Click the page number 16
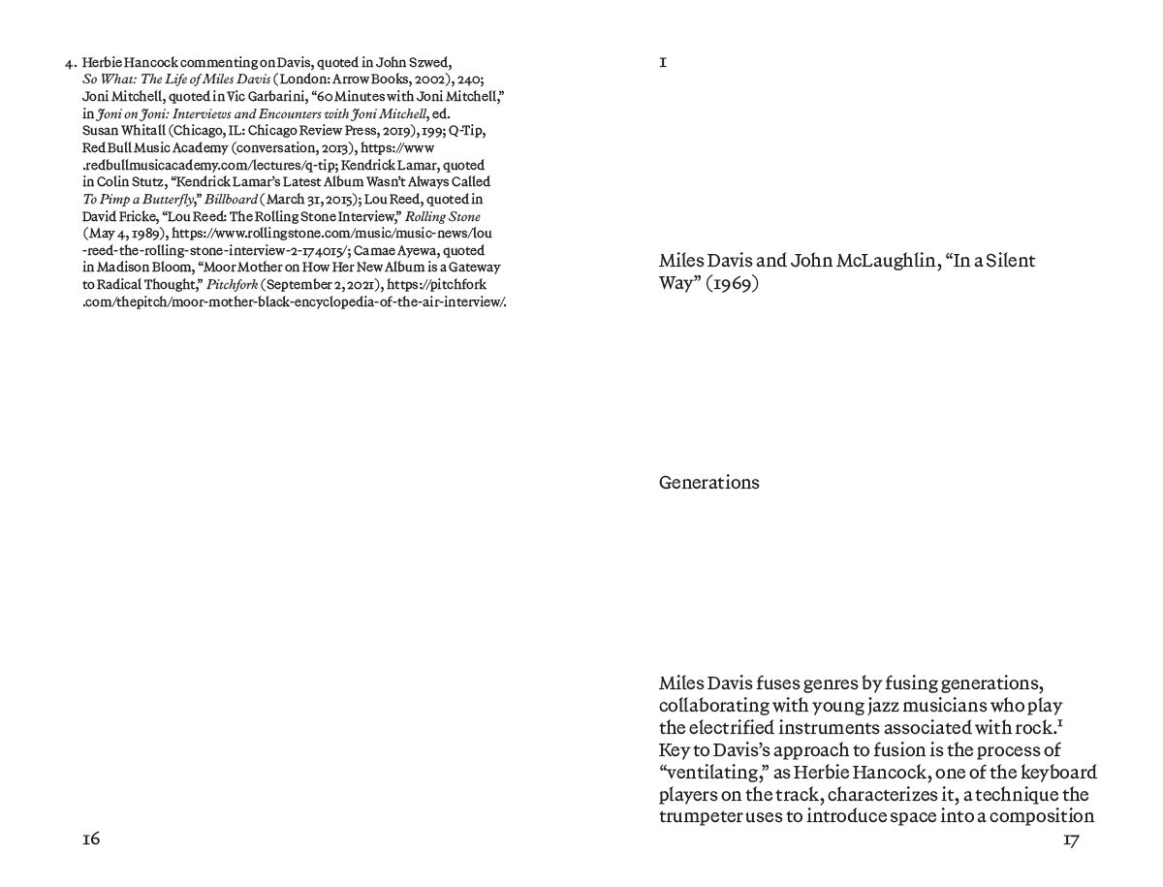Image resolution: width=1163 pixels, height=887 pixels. [91, 839]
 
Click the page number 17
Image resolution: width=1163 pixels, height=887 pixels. [1071, 840]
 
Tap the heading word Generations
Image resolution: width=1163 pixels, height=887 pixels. [708, 483]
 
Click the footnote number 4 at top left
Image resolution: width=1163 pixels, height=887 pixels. [70, 64]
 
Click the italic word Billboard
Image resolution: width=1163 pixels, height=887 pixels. [232, 199]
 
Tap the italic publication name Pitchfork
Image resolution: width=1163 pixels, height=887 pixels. [233, 285]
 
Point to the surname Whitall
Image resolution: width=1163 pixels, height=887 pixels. [147, 131]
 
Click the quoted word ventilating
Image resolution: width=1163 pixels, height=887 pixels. [707, 773]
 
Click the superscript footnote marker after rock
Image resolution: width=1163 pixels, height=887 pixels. [1063, 722]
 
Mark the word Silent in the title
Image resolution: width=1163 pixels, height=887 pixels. [1011, 261]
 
